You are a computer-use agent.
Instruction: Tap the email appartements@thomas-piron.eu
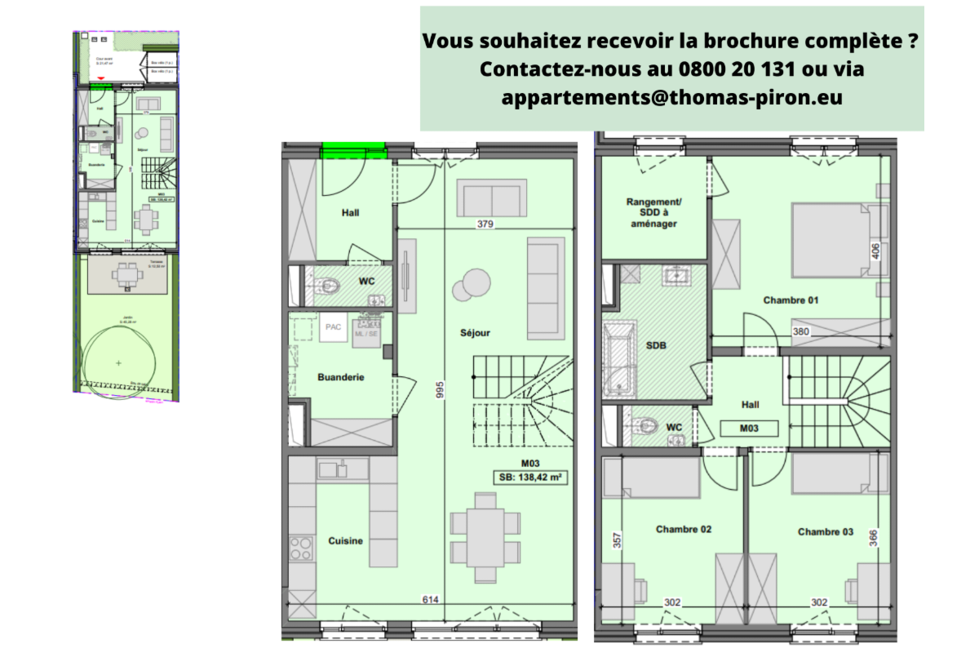pyautogui.click(x=672, y=97)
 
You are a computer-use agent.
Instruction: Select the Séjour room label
pyautogui.click(x=475, y=332)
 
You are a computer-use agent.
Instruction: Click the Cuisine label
pyautogui.click(x=345, y=540)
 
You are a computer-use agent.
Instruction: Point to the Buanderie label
pyautogui.click(x=340, y=377)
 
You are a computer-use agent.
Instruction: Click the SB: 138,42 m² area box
pyautogui.click(x=531, y=478)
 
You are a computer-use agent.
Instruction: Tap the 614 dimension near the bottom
pyautogui.click(x=431, y=600)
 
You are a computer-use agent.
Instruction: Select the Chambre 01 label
pyautogui.click(x=791, y=300)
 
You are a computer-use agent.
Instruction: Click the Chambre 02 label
pyautogui.click(x=684, y=529)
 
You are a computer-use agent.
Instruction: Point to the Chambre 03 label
pyautogui.click(x=826, y=531)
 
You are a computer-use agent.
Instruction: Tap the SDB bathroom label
pyautogui.click(x=656, y=345)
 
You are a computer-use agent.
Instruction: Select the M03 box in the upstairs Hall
pyautogui.click(x=749, y=428)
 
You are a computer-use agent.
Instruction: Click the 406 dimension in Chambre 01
pyautogui.click(x=875, y=251)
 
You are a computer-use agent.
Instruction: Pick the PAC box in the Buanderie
pyautogui.click(x=333, y=326)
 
